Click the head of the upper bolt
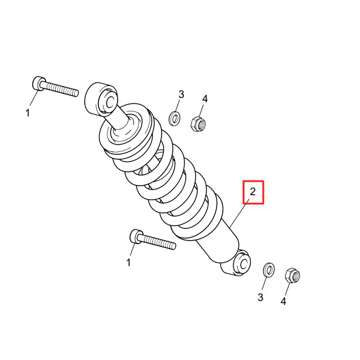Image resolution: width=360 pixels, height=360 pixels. tap(39, 84)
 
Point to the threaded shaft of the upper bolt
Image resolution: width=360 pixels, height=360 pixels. tap(61, 89)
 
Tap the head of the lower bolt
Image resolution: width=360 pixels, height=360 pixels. tap(136, 236)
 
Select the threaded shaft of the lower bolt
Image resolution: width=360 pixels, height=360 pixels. tap(158, 242)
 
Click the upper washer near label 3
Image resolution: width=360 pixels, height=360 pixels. tap(174, 119)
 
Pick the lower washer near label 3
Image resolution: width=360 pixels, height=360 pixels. tap(268, 270)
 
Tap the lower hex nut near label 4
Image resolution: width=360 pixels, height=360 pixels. tap(292, 276)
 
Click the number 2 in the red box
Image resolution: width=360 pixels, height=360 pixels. tap(253, 192)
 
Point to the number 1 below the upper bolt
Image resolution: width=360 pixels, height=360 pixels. tap(28, 113)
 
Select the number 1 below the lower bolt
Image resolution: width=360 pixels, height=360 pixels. tap(129, 263)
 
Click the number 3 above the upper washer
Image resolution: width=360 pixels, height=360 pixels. tap(181, 94)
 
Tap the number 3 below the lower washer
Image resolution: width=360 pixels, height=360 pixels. tap(260, 298)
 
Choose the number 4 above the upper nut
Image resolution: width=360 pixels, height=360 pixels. tap(205, 99)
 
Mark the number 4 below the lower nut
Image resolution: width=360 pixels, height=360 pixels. tap(283, 301)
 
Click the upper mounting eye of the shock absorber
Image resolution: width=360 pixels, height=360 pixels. tap(101, 99)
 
